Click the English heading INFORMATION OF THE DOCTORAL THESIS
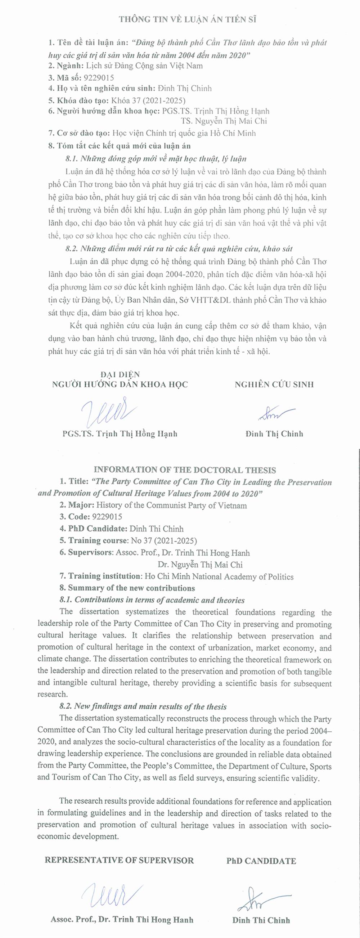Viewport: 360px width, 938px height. [x=185, y=470]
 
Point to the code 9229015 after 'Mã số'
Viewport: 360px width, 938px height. [x=99, y=77]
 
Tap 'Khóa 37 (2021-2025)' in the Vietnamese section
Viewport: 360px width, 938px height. [x=148, y=100]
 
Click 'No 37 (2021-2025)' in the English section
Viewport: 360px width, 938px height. [x=164, y=540]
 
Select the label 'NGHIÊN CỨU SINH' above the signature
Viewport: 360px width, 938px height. [x=274, y=385]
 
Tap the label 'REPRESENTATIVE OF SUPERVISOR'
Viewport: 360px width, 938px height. [x=119, y=861]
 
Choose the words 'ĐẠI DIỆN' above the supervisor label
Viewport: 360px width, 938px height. [x=120, y=374]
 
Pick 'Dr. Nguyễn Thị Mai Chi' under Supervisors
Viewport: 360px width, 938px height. [x=200, y=564]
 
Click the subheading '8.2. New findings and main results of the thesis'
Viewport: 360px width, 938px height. [x=143, y=706]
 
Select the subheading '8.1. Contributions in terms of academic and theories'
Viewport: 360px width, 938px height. [x=152, y=600]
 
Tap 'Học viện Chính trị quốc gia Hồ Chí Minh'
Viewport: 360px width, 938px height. [x=184, y=133]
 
